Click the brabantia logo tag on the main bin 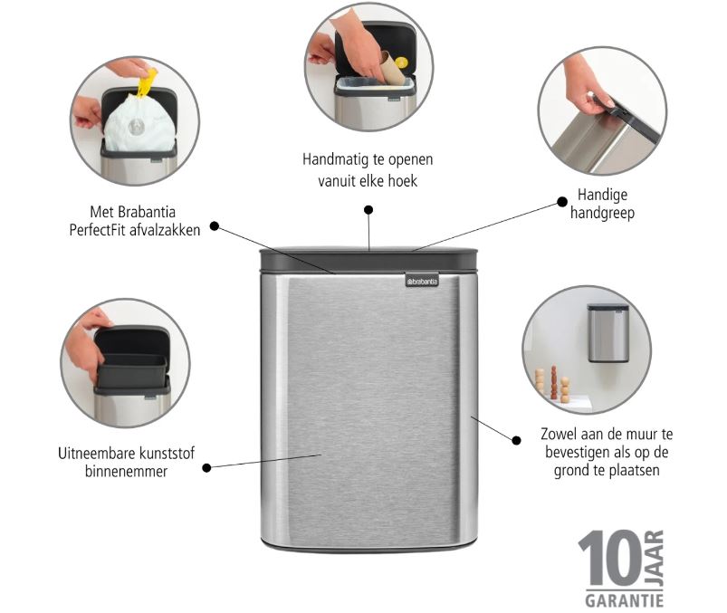[x=422, y=280]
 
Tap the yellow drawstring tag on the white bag [x=147, y=83]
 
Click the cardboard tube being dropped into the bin [x=392, y=69]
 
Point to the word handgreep [x=602, y=214]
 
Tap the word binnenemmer [x=126, y=472]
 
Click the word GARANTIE [x=624, y=600]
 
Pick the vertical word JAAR [x=655, y=559]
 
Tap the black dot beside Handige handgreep [x=562, y=202]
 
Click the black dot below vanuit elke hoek [x=368, y=210]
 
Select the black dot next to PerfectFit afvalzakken [x=215, y=226]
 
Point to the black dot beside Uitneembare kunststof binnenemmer [x=206, y=468]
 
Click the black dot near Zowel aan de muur [x=516, y=440]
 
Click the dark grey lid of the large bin [x=368, y=261]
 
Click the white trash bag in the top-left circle [x=139, y=124]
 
